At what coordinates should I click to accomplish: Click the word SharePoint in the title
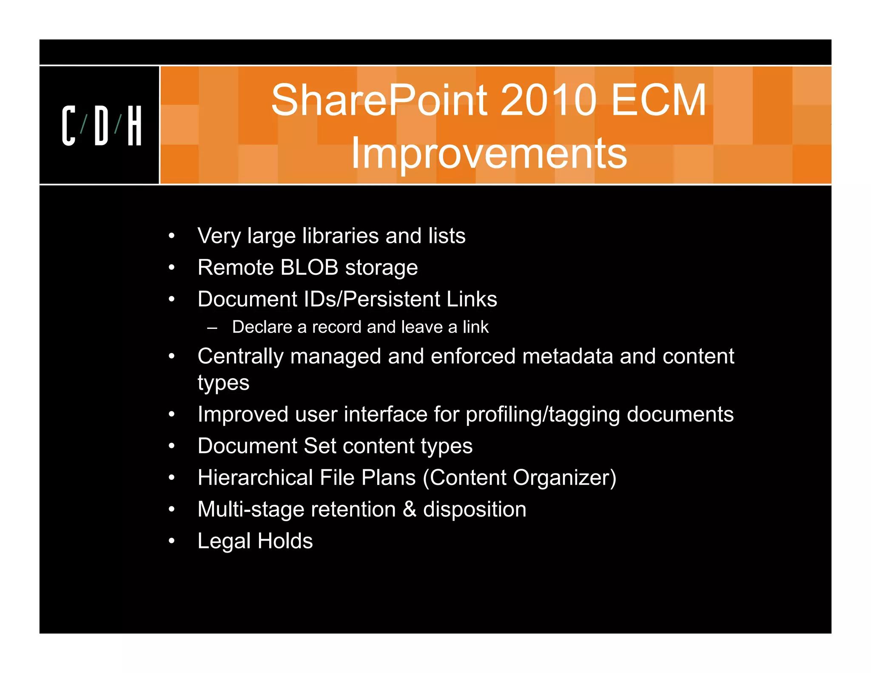point(379,100)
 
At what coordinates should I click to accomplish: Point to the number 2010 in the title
point(548,100)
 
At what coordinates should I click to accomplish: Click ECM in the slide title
point(659,100)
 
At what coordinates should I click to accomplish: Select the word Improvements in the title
point(489,153)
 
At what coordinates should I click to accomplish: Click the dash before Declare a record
point(212,328)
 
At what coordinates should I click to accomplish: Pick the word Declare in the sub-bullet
point(262,327)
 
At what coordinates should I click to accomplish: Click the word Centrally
point(240,356)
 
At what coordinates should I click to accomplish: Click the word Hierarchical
point(255,477)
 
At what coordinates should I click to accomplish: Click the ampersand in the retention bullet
point(409,509)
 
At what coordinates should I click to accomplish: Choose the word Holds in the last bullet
point(285,541)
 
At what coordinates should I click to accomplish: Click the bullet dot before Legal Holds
point(171,541)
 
